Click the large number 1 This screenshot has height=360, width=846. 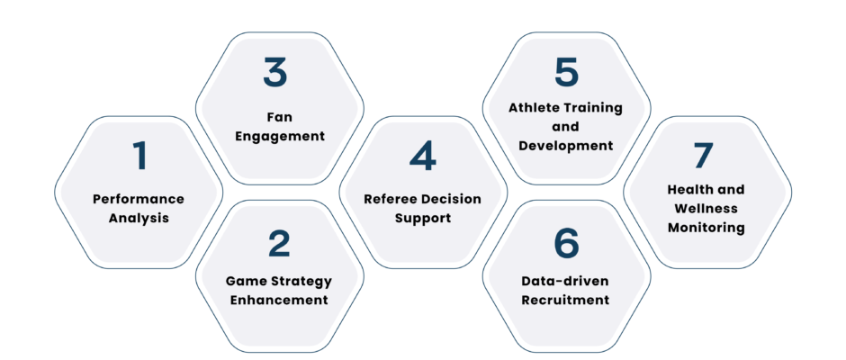140,156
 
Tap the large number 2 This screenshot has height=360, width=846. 280,243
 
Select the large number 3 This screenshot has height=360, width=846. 275,72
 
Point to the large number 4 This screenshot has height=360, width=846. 422,156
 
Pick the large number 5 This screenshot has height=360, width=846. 566,72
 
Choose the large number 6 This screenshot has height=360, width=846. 566,243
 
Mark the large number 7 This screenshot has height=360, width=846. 704,156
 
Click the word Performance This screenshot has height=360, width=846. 139,199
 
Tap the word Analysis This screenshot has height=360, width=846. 139,219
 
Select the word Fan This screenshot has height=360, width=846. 280,117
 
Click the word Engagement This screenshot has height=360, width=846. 280,136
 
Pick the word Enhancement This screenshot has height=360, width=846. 279,300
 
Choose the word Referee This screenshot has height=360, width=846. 389,199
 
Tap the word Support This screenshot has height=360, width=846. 423,219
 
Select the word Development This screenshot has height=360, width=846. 566,146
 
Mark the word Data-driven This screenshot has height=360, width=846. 565,281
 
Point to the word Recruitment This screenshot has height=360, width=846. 565,300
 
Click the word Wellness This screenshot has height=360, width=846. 706,208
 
